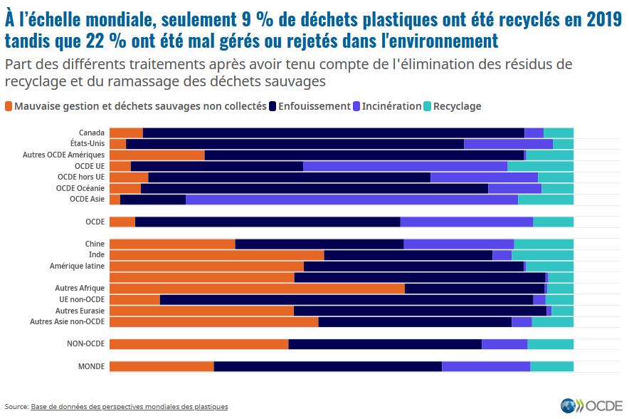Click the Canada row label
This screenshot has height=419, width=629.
92,133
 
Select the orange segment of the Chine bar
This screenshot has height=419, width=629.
172,244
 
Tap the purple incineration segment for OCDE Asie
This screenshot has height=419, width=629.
351,200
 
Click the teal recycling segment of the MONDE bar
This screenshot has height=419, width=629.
551,366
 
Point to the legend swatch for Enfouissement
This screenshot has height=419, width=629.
273,106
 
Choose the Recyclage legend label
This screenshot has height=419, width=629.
457,106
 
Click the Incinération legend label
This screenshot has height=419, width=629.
391,106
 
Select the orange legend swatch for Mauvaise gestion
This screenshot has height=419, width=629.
9,106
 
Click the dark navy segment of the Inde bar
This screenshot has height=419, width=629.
408,255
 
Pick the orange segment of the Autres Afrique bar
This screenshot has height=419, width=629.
257,289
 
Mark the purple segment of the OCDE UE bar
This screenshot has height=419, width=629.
405,166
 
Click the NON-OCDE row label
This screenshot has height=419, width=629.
85,344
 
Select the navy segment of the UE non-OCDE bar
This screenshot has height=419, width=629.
346,299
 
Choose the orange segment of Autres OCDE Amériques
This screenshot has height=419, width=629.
157,155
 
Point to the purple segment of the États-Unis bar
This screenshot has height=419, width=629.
508,143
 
